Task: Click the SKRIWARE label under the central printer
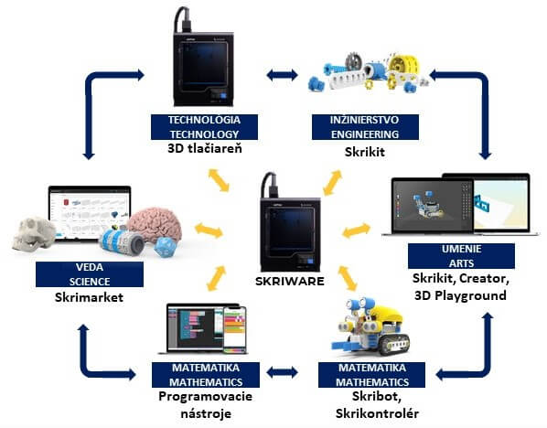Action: (290, 281)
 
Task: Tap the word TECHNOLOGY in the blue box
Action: (204, 134)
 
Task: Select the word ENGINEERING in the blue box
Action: (365, 134)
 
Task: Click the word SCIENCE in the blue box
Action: (90, 282)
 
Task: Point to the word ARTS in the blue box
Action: (461, 263)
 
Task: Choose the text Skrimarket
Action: (89, 297)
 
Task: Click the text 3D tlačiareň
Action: (205, 148)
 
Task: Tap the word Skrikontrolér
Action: (377, 413)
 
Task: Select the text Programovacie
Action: (206, 397)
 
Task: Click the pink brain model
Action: (156, 226)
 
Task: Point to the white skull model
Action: (34, 233)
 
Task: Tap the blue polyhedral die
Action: (164, 247)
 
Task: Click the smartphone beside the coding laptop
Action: (234, 330)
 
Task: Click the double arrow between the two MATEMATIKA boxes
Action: (282, 372)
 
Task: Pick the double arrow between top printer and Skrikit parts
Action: (282, 75)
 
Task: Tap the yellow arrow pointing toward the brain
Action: (209, 230)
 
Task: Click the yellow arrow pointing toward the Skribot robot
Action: (348, 278)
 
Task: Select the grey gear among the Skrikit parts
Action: (354, 63)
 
